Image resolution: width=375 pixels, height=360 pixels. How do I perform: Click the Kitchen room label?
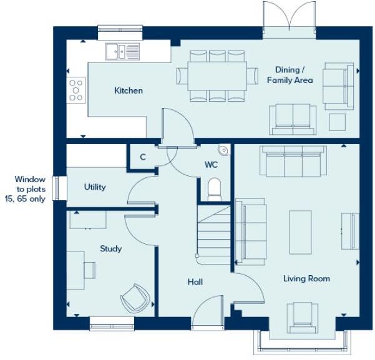click(x=129, y=91)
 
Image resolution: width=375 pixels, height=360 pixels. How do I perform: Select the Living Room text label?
click(x=306, y=278)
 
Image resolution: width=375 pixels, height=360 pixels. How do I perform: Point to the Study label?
click(x=110, y=249)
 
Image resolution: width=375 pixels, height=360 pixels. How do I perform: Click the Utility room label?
click(x=95, y=187)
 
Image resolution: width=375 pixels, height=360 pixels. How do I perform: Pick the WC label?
click(x=212, y=165)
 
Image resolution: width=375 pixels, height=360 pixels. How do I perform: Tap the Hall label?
click(x=195, y=282)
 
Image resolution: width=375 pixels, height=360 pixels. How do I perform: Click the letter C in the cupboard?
click(x=143, y=157)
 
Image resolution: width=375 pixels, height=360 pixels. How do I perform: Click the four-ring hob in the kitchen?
click(x=77, y=90)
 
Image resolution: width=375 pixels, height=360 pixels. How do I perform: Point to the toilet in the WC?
click(x=214, y=187)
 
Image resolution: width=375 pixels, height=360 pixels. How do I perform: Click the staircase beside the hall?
click(x=214, y=231)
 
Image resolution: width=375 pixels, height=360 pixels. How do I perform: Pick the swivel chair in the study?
click(x=135, y=298)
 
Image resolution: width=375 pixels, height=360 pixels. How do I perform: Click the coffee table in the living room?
click(x=301, y=231)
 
